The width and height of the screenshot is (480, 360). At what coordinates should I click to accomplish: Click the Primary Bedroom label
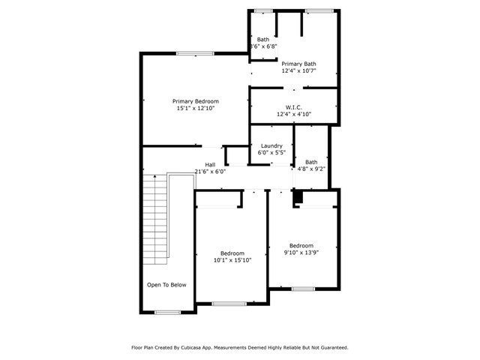(x=195, y=101)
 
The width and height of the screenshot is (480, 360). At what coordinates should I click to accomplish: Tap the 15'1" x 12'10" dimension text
(x=196, y=108)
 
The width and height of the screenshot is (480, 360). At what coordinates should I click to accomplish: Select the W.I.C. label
(x=294, y=107)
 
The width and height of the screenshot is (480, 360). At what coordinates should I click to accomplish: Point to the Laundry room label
(x=271, y=146)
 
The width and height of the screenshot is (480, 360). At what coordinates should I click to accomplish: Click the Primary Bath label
(x=298, y=64)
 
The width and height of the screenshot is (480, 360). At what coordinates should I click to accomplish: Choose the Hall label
(x=210, y=165)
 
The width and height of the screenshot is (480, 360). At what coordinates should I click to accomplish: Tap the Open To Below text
(x=166, y=285)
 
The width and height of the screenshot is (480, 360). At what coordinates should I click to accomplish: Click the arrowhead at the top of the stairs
(x=155, y=176)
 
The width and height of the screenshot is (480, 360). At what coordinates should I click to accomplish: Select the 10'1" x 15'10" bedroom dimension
(x=232, y=260)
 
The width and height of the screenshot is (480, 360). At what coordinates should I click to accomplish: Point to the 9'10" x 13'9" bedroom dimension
(x=301, y=253)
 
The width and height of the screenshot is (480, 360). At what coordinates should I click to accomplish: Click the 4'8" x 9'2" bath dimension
(x=311, y=169)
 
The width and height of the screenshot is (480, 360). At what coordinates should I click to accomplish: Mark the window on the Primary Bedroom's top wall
(x=195, y=53)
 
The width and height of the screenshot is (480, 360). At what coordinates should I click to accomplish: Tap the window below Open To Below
(x=167, y=312)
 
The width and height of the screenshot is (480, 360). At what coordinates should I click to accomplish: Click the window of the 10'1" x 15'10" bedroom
(x=229, y=304)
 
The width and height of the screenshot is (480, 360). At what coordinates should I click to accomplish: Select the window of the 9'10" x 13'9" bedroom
(x=303, y=289)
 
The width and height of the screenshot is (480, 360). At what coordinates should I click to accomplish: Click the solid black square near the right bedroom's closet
(x=298, y=196)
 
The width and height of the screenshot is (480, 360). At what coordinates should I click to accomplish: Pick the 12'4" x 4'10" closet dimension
(x=294, y=114)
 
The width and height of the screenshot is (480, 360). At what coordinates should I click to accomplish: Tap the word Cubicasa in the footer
(x=190, y=348)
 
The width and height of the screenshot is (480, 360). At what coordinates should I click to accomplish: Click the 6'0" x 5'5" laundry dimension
(x=271, y=152)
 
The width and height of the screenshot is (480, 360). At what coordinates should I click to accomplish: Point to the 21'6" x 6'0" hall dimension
(x=210, y=172)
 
